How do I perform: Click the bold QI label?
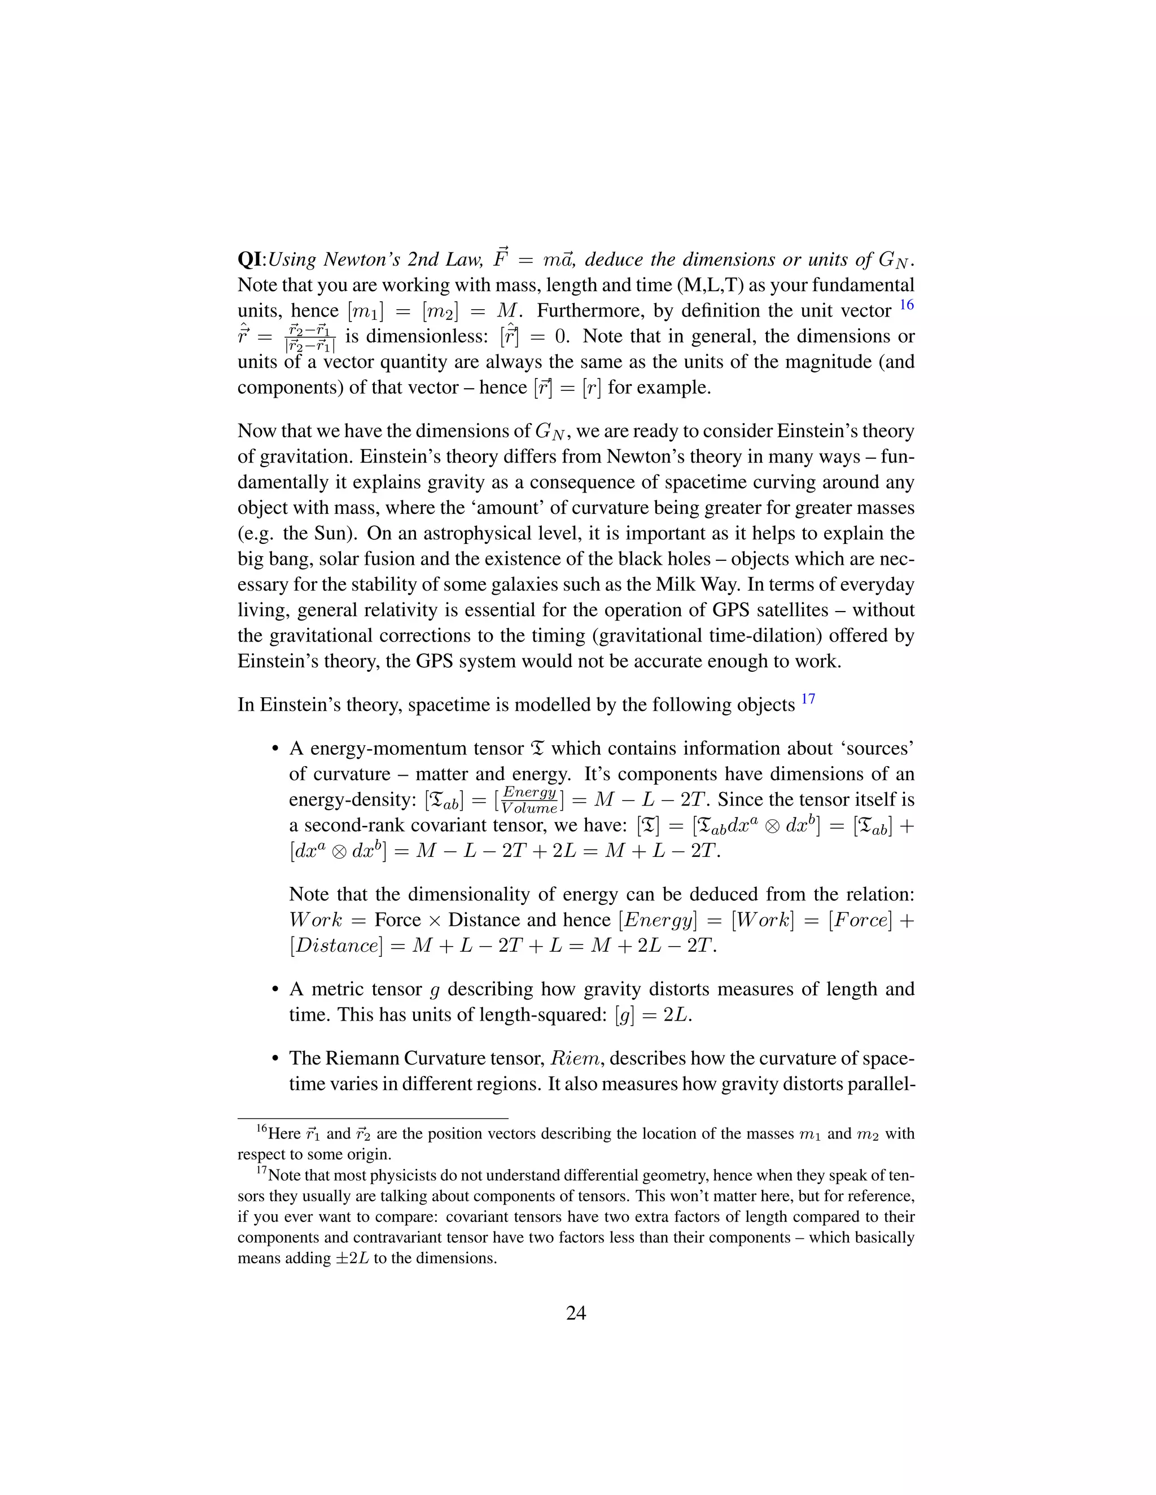click(x=251, y=260)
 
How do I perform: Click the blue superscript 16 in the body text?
click(x=906, y=305)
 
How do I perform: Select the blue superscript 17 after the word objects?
click(x=808, y=699)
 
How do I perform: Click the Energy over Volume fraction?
click(x=529, y=799)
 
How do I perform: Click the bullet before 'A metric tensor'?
click(x=275, y=990)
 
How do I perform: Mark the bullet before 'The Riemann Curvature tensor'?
click(x=275, y=1059)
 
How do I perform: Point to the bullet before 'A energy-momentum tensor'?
click(x=275, y=749)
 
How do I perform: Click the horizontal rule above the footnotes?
click(x=373, y=1119)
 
